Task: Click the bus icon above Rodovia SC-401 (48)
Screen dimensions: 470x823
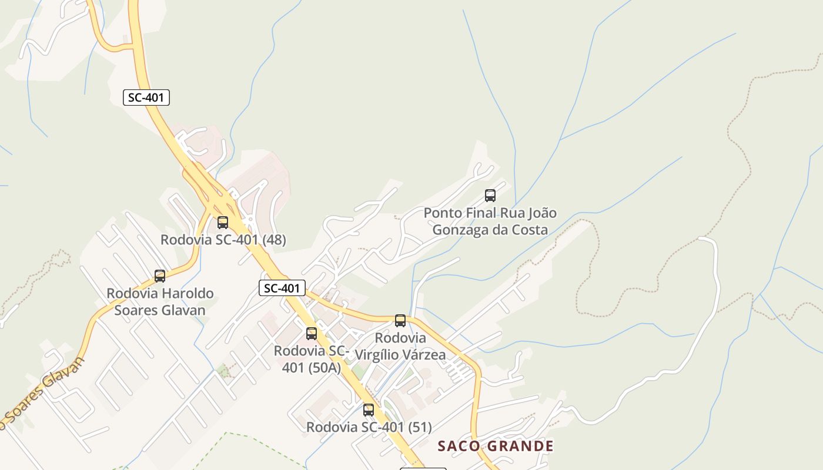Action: pos(223,223)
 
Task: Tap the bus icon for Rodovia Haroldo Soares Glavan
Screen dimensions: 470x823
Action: pos(160,276)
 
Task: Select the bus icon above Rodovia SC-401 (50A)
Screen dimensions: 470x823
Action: pos(312,334)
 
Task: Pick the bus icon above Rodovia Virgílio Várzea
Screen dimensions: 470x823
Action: pos(400,321)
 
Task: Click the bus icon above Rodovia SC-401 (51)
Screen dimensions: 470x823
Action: pos(369,410)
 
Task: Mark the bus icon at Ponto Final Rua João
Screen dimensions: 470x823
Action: pos(490,196)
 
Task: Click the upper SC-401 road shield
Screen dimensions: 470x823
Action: pos(146,98)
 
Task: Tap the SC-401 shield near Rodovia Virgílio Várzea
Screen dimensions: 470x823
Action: pos(282,288)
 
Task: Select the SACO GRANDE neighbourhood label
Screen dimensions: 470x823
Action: pos(496,446)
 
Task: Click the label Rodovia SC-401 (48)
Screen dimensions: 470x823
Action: pos(223,240)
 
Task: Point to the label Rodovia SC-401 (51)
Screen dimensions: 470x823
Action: pos(369,427)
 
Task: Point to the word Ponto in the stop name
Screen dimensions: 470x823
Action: pos(441,213)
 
